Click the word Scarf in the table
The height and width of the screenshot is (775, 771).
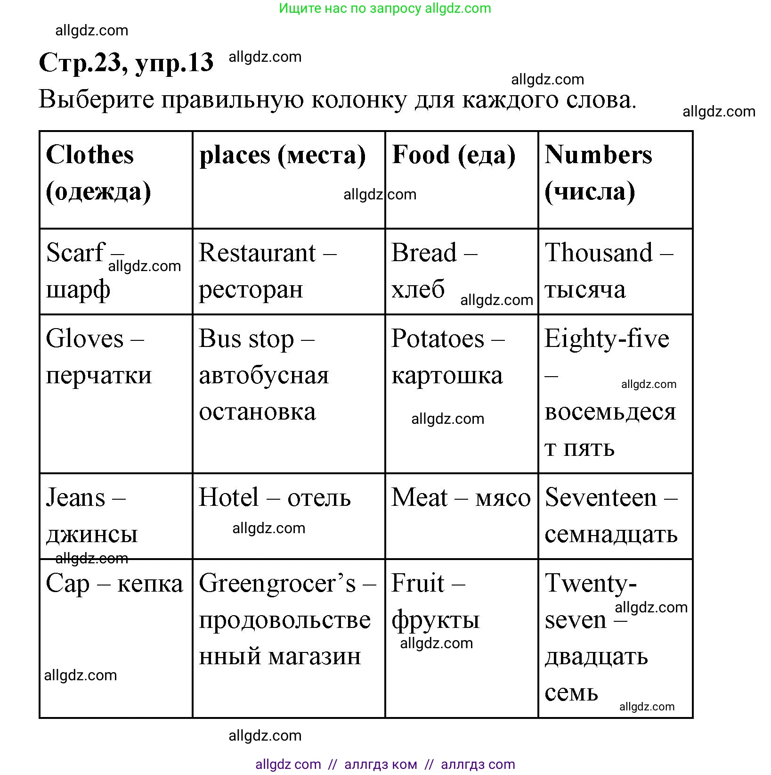pos(75,253)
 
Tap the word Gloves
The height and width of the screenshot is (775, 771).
pos(85,339)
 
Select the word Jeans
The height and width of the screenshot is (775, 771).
pos(75,498)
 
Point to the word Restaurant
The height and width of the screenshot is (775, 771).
pos(257,253)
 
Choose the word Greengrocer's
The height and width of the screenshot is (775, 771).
pos(277,584)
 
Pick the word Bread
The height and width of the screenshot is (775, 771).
pos(424,253)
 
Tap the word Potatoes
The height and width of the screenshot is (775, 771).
pos(438,339)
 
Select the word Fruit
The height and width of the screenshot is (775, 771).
pos(418,584)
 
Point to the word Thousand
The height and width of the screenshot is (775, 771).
pos(599,253)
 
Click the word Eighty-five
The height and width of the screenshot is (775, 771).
pos(607,339)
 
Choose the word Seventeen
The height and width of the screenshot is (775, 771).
pos(601,498)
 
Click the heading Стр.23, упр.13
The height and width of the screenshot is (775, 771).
pos(126,62)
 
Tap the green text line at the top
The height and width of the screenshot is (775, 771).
pos(385,8)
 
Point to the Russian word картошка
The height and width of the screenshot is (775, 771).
pos(447,376)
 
